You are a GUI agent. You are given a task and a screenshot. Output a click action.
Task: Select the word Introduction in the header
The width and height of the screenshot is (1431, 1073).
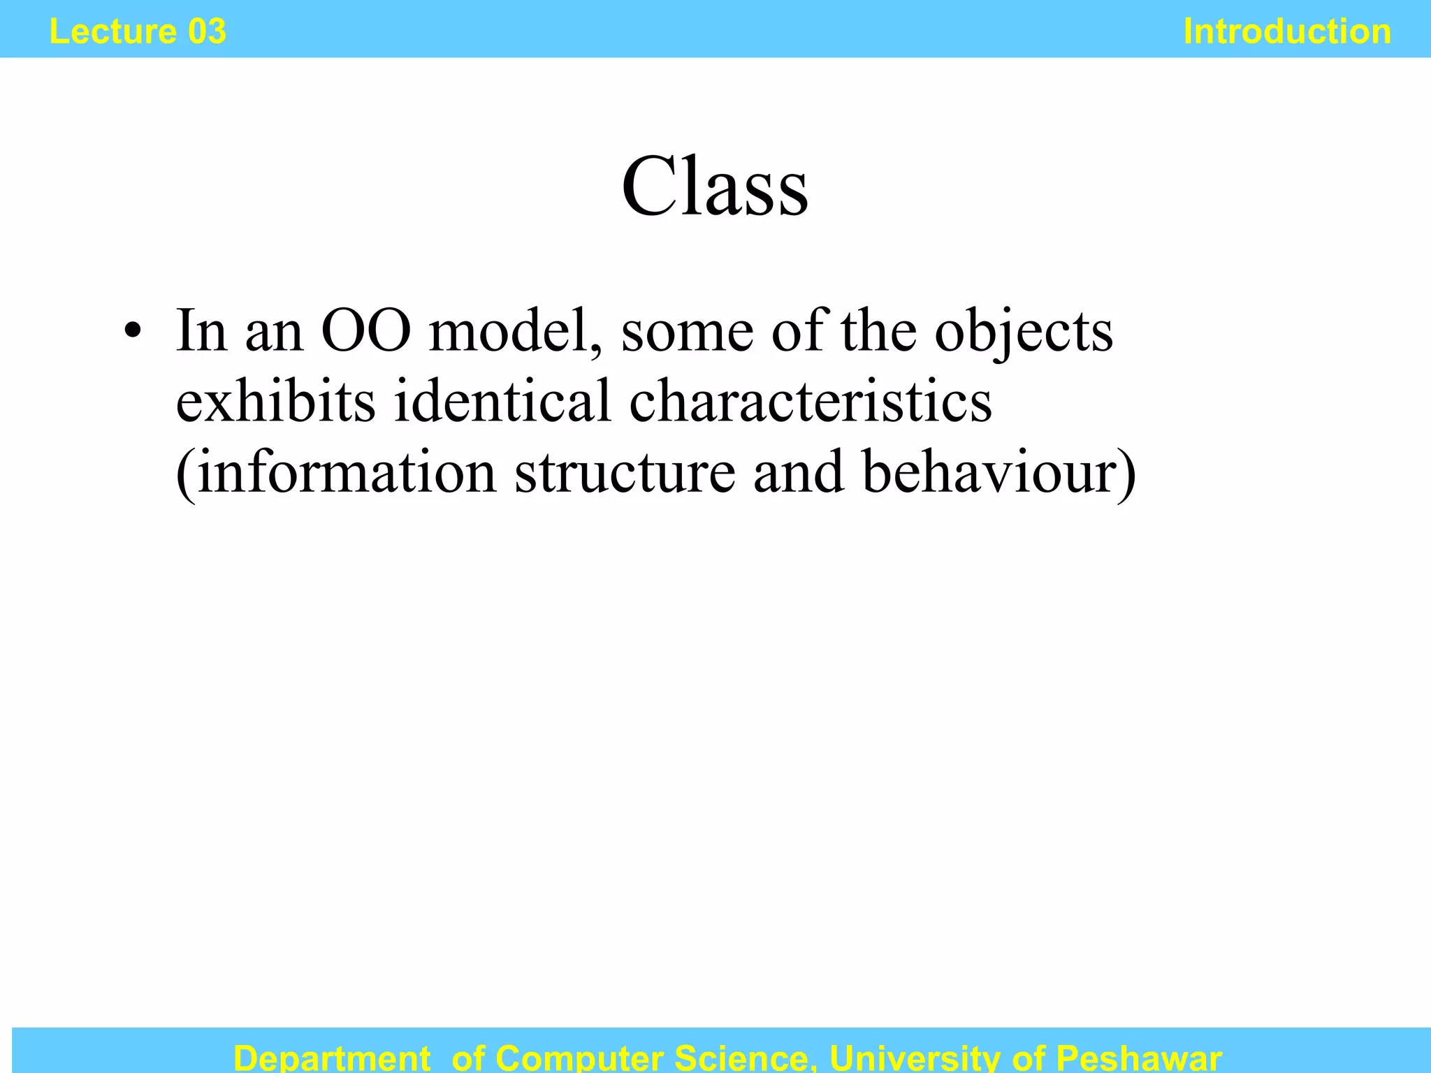tap(1287, 32)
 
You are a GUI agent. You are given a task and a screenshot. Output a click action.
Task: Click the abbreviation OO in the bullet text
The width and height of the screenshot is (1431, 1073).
tap(365, 330)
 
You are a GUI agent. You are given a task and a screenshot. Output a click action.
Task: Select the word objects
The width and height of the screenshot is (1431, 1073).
tap(1024, 332)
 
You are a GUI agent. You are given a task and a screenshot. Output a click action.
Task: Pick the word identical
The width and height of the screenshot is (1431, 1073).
tap(502, 402)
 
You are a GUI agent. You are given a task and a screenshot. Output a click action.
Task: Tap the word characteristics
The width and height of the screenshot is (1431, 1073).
tap(811, 402)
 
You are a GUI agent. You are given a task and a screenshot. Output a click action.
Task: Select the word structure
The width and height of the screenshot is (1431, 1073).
tap(625, 473)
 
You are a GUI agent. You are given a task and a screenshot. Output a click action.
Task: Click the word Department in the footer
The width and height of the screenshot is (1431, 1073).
tap(332, 1058)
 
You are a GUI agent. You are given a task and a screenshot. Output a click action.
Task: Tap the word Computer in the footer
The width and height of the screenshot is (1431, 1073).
tap(579, 1058)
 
